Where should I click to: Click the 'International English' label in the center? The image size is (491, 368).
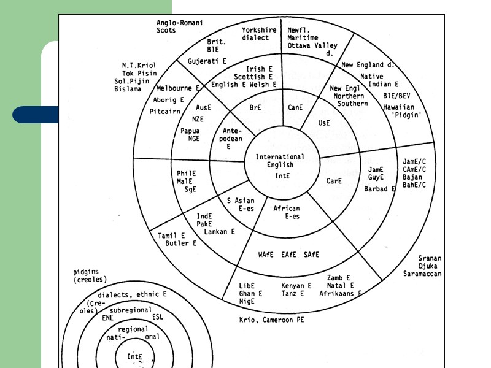[x=280, y=161]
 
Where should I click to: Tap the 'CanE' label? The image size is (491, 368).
[x=296, y=107]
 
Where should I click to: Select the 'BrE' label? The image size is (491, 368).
[x=255, y=107]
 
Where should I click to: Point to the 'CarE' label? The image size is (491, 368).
[x=334, y=181]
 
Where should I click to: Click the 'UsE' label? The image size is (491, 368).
[x=324, y=123]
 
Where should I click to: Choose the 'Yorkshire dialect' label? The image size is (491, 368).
[x=258, y=34]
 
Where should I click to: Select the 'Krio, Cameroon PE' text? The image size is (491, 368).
[x=271, y=320]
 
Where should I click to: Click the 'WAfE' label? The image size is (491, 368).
[x=266, y=254]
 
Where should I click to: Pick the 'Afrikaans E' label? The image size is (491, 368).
[x=340, y=293]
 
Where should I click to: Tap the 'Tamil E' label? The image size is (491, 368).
[x=171, y=236]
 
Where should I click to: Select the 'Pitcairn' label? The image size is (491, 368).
[x=164, y=112]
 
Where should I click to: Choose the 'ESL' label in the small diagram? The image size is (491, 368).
[x=158, y=317]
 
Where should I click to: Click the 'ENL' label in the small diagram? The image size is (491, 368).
[x=108, y=318]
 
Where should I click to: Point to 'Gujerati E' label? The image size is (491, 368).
[x=207, y=61]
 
